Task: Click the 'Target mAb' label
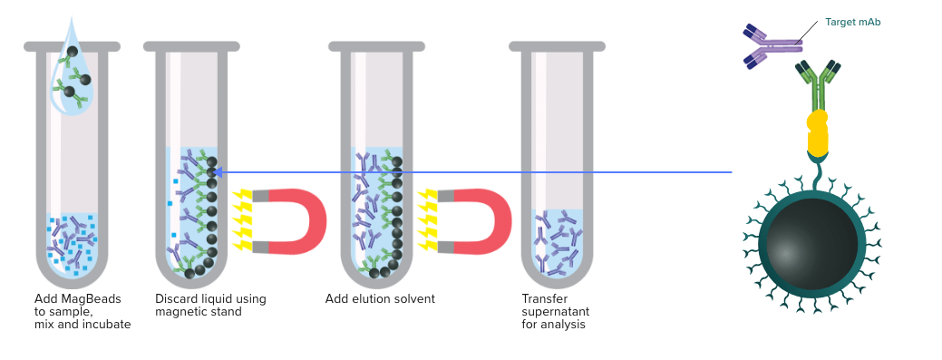[853, 23]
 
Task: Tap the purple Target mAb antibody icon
[772, 46]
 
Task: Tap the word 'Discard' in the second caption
[176, 298]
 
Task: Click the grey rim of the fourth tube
[557, 46]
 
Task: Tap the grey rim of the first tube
[73, 46]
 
